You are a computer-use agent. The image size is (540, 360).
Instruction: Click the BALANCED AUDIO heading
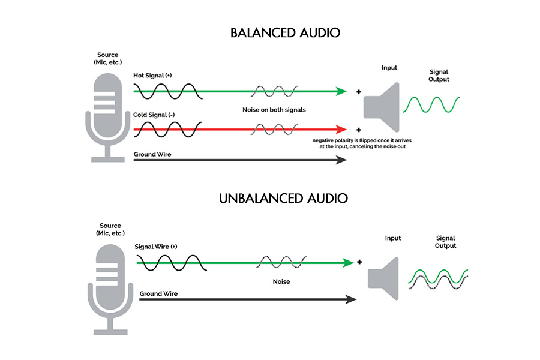point(285,32)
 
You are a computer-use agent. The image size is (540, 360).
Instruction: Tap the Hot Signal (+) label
point(153,76)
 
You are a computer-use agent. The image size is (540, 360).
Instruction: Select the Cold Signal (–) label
point(154,115)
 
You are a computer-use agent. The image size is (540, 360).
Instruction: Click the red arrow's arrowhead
point(341,129)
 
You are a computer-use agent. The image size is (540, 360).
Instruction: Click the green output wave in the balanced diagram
point(432,104)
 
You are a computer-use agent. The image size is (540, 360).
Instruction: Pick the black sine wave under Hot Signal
point(166,91)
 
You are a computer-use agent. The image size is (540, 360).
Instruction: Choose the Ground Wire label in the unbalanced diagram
point(158,293)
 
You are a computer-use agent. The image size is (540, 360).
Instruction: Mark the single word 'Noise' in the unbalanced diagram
point(280,281)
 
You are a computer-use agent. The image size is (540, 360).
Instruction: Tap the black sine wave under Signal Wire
point(172,262)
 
